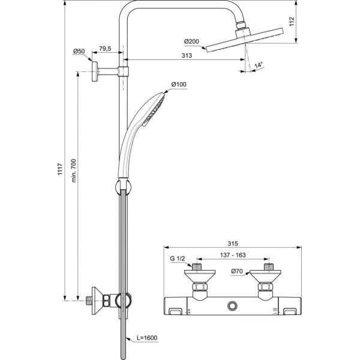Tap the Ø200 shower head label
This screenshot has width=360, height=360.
point(192,41)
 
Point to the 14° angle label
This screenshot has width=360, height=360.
point(259,64)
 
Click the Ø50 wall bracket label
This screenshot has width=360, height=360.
point(79,52)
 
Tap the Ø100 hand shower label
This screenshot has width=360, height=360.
point(179,85)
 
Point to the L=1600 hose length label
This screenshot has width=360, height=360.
point(146,338)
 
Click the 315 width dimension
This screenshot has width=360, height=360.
point(233,244)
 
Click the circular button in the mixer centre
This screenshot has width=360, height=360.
point(231,307)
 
